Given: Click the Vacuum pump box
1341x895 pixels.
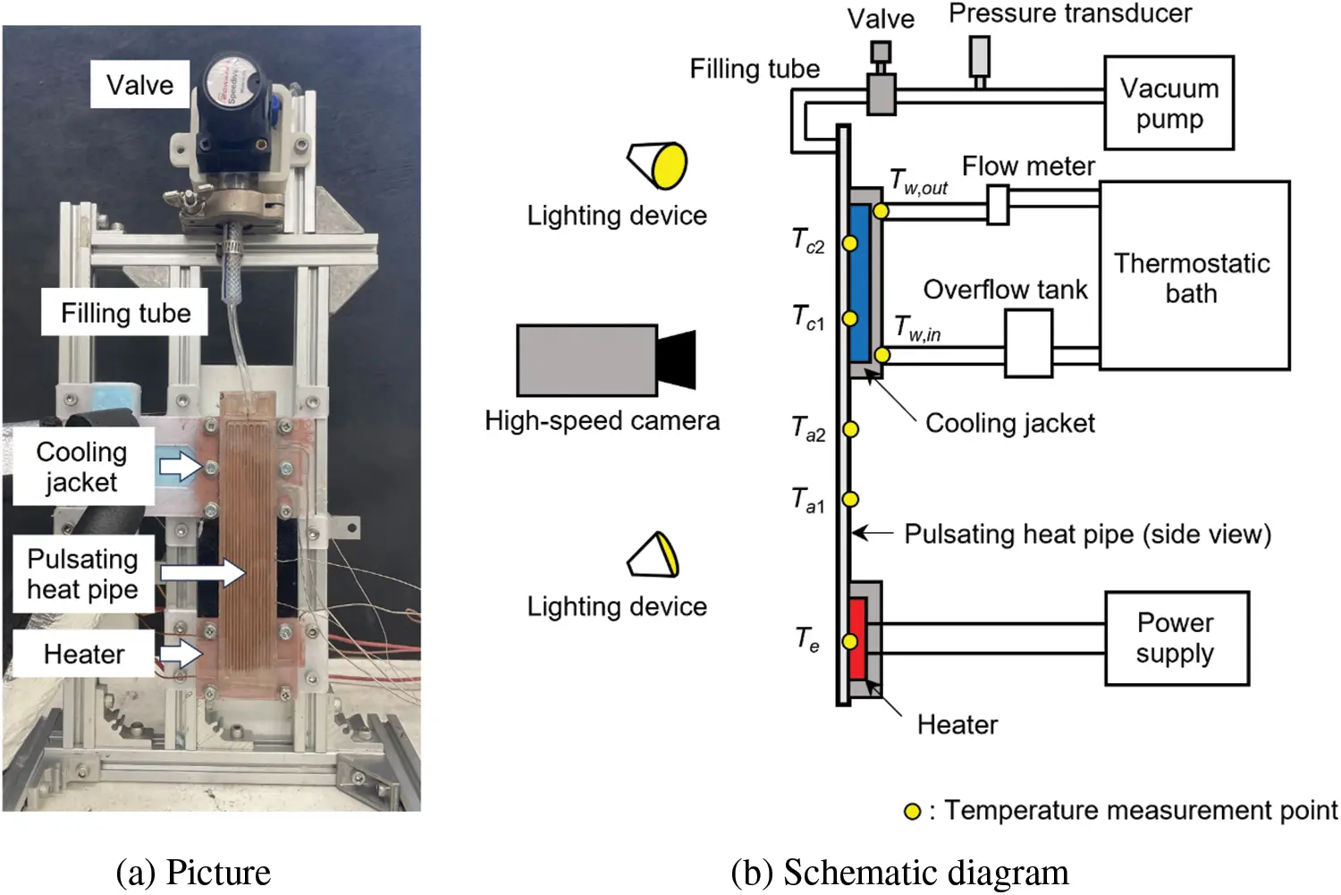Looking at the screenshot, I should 1168,103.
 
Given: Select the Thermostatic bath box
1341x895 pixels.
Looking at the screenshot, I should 1193,276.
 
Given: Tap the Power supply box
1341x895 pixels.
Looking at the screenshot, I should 1176,638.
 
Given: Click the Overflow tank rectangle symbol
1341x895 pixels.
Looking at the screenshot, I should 1028,343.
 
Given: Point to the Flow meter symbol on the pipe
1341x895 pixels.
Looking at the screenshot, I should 998,205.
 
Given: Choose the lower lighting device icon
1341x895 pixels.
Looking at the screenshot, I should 655,555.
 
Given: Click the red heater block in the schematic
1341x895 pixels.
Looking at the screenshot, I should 858,638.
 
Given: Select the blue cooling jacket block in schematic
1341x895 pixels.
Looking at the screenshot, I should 860,282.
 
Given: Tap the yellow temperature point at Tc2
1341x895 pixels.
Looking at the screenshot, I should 850,243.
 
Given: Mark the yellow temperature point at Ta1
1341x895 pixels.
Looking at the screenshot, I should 850,499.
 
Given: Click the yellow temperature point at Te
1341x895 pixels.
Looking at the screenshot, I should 850,641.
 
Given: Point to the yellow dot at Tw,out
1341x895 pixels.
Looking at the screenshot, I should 881,211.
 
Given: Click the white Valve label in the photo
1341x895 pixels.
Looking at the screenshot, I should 139,85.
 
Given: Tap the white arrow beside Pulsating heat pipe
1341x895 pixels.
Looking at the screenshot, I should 203,572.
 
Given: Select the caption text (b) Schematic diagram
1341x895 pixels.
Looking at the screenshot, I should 898,873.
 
